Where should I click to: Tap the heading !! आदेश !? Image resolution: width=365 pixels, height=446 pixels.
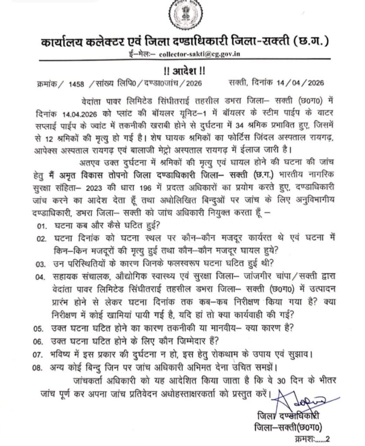click(x=182, y=70)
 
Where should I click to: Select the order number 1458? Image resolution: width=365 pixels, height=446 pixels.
click(x=76, y=82)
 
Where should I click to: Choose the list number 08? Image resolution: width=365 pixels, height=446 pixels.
click(x=41, y=367)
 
